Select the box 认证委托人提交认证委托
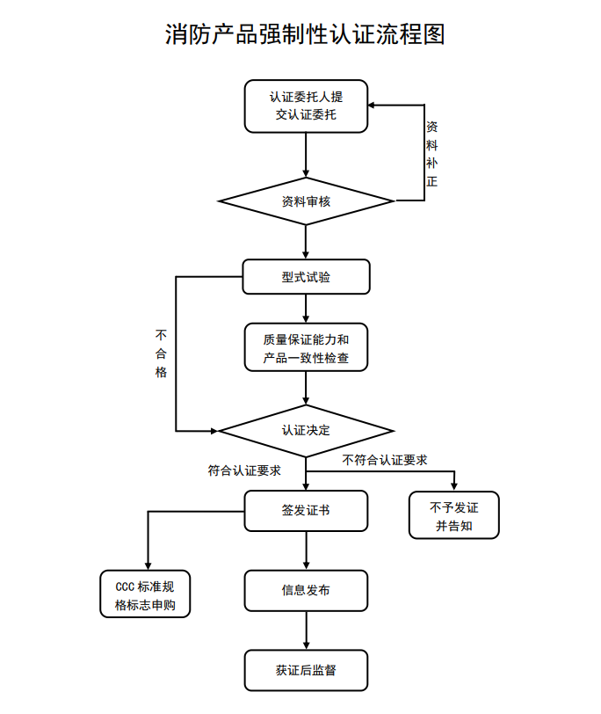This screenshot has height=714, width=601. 306,106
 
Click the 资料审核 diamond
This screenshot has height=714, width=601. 306,201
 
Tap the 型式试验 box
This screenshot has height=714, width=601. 306,277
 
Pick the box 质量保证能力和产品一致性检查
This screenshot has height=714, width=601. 306,347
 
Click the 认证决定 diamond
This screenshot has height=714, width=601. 306,431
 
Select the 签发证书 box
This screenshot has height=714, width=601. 306,511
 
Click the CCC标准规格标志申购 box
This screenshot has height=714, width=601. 146,595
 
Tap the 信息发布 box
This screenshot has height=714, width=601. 306,591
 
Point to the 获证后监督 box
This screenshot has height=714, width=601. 306,670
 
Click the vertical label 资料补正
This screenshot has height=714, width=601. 431,154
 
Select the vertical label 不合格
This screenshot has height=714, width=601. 161,353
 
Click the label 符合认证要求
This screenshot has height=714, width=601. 244,470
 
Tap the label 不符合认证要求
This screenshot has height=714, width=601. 385,460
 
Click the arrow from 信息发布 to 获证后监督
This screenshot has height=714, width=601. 306,630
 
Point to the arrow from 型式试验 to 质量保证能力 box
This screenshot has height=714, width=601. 306,308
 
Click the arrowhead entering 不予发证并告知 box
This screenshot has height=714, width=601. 454,484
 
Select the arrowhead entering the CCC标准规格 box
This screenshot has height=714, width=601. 147,565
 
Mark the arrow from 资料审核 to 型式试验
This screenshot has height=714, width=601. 306,241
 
